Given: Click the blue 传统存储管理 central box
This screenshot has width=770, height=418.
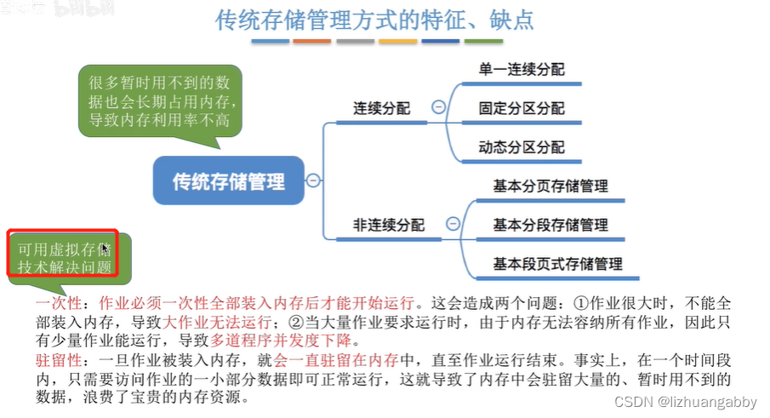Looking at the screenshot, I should point(228,180).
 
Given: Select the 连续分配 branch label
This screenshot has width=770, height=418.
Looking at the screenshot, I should point(382,109).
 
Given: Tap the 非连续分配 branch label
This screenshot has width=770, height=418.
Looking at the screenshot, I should point(389,225).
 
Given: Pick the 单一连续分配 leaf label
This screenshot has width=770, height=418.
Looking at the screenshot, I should point(522,70).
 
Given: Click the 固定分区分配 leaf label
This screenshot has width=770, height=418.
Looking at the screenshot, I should point(522,109).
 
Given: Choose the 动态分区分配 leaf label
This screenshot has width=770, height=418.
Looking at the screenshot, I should point(522,147).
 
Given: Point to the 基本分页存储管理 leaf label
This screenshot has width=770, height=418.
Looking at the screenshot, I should point(550,186).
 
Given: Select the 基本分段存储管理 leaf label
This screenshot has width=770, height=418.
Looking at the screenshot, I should point(550,225).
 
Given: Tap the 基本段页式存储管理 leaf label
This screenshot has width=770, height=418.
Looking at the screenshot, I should point(557,264).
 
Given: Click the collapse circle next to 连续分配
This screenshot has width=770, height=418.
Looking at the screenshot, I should point(438,108).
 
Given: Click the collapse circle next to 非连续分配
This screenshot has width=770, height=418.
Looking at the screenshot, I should point(453,224).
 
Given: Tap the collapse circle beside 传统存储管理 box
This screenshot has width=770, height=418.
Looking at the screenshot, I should point(313,180).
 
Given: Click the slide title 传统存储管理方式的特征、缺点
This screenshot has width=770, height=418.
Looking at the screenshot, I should point(375,20).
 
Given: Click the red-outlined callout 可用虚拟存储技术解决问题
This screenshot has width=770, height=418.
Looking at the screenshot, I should point(62,257).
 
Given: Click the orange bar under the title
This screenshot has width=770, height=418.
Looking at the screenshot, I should point(312,41).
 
